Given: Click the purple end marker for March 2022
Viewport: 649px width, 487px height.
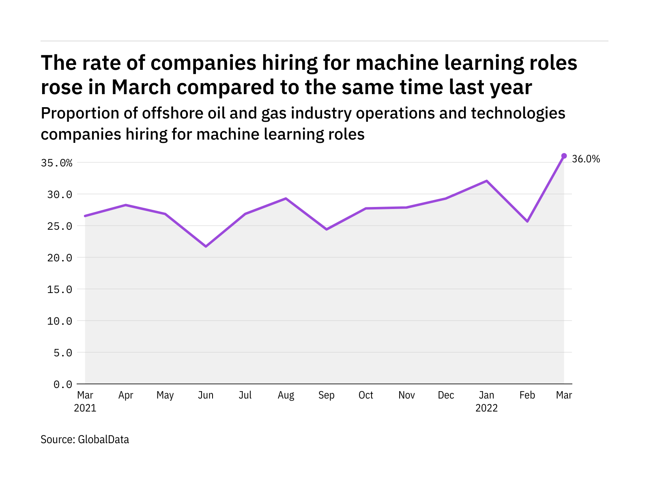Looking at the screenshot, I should coord(564,156).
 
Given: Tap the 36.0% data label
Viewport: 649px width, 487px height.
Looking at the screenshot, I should coord(586,159).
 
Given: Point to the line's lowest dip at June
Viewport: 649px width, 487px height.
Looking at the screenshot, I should coord(206,246).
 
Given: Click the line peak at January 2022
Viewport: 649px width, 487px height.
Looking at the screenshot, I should coord(486,181).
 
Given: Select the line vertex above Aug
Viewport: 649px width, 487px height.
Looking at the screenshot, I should coord(286,198).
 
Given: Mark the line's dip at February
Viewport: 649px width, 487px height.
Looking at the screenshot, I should coord(527,221).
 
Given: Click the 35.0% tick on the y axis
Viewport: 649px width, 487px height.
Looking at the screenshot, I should coord(56,163).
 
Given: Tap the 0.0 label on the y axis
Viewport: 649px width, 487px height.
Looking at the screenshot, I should coord(63,384).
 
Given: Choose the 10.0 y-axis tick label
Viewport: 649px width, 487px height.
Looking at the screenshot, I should coord(60,321).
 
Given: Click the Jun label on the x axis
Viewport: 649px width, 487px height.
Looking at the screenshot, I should coord(206,395).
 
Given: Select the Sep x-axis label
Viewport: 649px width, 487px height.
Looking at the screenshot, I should coord(327,395).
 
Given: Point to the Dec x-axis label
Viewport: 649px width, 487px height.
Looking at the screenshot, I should coord(446,395).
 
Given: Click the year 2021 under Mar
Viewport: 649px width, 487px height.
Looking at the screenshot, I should coord(85,408).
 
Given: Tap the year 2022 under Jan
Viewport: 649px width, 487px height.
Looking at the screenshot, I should coord(486,408).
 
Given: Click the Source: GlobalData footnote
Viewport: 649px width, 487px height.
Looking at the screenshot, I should coord(85,440).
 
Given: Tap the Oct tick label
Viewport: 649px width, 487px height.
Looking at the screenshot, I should coord(366,395).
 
